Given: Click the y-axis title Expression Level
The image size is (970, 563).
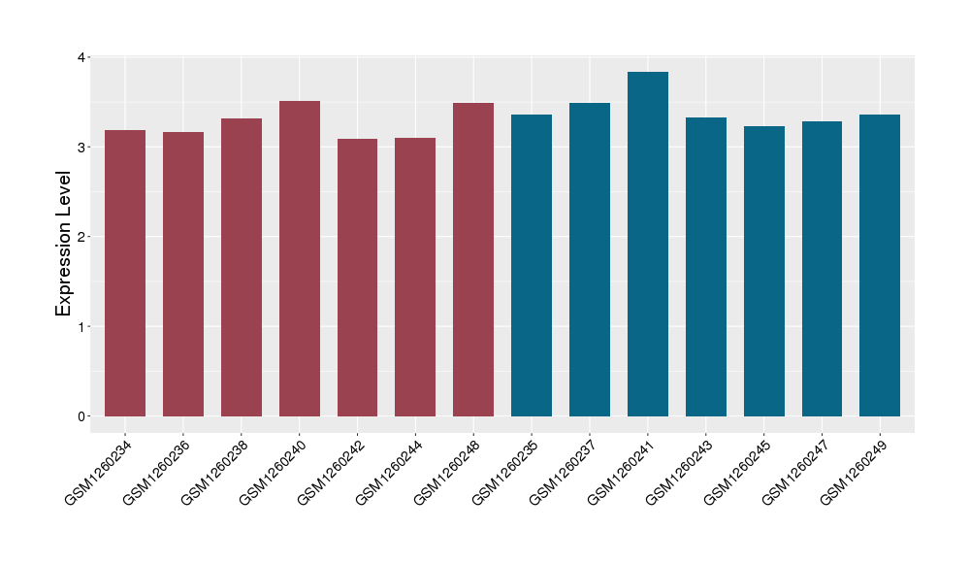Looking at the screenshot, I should (64, 244).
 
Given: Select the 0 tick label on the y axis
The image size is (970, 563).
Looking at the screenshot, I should (81, 416).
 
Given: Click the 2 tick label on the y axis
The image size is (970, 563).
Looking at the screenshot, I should (81, 237).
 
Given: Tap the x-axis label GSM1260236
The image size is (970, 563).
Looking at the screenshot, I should (157, 472).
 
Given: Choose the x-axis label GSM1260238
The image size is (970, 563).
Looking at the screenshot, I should (215, 472).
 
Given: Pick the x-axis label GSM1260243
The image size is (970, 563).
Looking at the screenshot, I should (680, 472).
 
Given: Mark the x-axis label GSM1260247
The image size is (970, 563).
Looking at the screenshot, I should (796, 472).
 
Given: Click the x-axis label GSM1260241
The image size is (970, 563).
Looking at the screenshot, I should (622, 472).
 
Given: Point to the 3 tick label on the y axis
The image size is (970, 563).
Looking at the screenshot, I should (81, 148).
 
